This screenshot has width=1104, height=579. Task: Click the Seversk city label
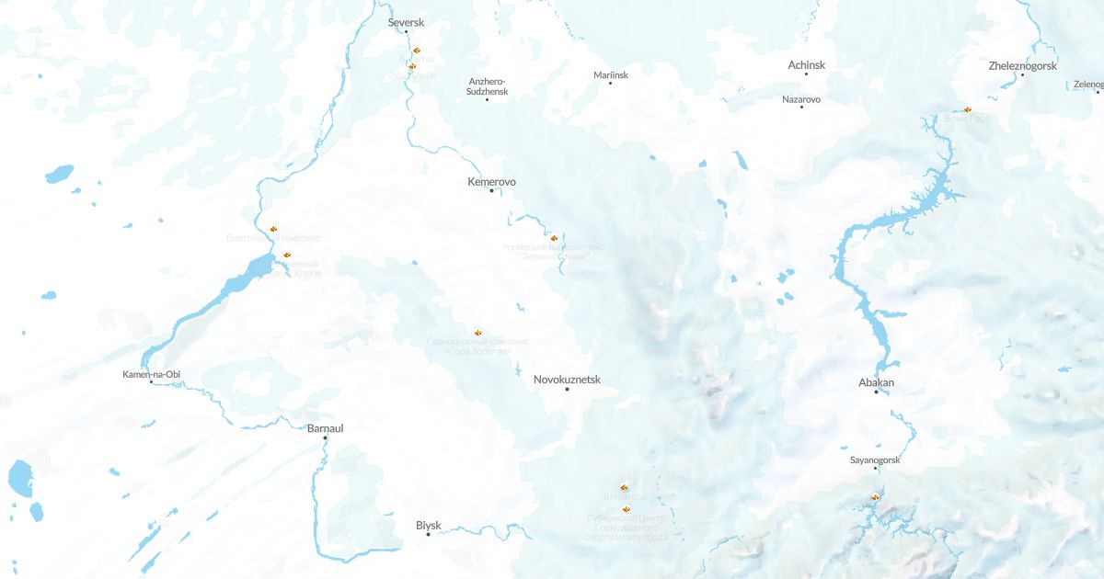[406, 21]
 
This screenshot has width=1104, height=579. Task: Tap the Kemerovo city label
[491, 182]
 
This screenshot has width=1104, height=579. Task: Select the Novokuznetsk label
[567, 380]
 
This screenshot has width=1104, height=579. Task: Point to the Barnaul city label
[325, 428]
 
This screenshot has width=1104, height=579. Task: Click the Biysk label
[429, 526]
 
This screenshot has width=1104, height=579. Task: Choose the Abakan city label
[876, 382]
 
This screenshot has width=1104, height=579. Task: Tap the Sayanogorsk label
[875, 460]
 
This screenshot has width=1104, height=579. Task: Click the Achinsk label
[807, 65]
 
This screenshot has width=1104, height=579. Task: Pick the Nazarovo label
[801, 99]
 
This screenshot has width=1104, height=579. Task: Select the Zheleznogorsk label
[1022, 66]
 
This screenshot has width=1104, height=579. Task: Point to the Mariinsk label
[611, 75]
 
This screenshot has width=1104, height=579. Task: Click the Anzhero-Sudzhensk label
[487, 86]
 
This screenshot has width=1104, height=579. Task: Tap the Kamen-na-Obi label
[151, 374]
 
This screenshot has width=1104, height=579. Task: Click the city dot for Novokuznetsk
[568, 390]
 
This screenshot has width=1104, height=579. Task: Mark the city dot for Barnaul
[325, 438]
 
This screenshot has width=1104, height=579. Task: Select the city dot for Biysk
[428, 535]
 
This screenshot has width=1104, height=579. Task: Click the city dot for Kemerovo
[492, 191]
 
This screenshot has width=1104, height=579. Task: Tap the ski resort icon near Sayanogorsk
[875, 497]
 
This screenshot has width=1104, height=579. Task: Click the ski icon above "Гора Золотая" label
[477, 332]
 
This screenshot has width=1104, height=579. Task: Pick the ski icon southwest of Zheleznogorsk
[967, 109]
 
